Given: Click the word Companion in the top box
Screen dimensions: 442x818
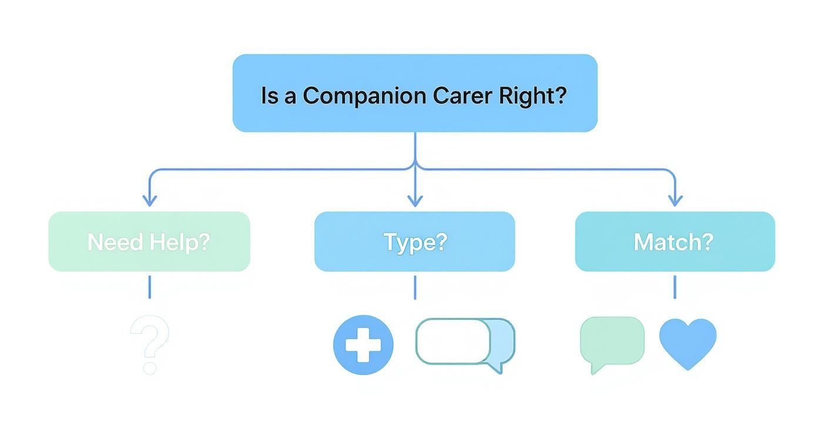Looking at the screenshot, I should tap(365, 95).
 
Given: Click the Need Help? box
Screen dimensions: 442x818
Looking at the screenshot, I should tap(149, 242).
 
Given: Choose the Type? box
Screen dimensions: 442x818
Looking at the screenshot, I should tap(415, 242).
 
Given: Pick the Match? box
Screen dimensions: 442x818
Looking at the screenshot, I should tap(675, 242).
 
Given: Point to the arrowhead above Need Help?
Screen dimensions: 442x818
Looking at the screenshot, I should tap(150, 200).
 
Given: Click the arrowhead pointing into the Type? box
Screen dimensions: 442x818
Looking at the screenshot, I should tap(415, 200).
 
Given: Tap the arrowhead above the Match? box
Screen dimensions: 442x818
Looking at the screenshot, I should tap(675, 200).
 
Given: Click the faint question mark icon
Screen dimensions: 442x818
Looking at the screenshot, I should tap(150, 344).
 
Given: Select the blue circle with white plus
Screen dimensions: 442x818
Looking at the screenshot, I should tap(363, 345).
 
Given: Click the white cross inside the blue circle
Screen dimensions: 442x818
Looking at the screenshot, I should tap(363, 345).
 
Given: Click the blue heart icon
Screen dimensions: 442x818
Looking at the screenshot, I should tap(688, 343).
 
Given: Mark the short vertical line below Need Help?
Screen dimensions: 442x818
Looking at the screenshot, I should tap(149, 287).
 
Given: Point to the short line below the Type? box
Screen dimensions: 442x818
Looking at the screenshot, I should tap(415, 287).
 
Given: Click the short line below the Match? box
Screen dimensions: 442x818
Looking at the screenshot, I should tap(675, 287).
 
